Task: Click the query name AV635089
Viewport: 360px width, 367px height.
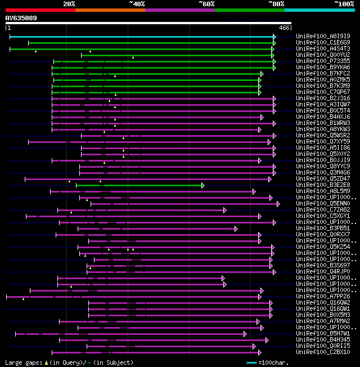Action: pos(21,18)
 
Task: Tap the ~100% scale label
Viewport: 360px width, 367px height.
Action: pos(344,4)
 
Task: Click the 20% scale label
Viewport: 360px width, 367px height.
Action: pos(69,4)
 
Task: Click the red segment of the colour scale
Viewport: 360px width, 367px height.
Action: pos(40,10)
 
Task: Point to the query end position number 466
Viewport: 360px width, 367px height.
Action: pos(284,28)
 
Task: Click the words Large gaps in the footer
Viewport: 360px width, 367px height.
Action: pos(22,363)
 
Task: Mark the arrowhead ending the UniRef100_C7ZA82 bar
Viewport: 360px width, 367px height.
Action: pos(224,210)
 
